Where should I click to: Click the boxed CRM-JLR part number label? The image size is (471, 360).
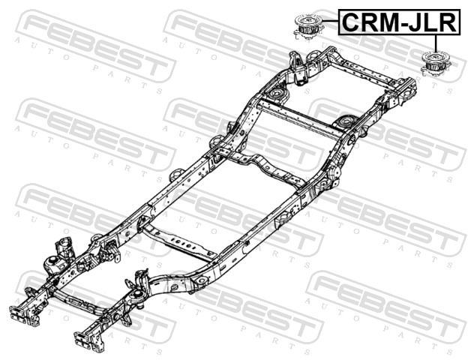tap(399, 22)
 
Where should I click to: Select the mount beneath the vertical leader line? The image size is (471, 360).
tap(436, 64)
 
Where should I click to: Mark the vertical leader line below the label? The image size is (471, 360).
tap(435, 43)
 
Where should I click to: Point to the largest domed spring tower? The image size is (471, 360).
tap(55, 265)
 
